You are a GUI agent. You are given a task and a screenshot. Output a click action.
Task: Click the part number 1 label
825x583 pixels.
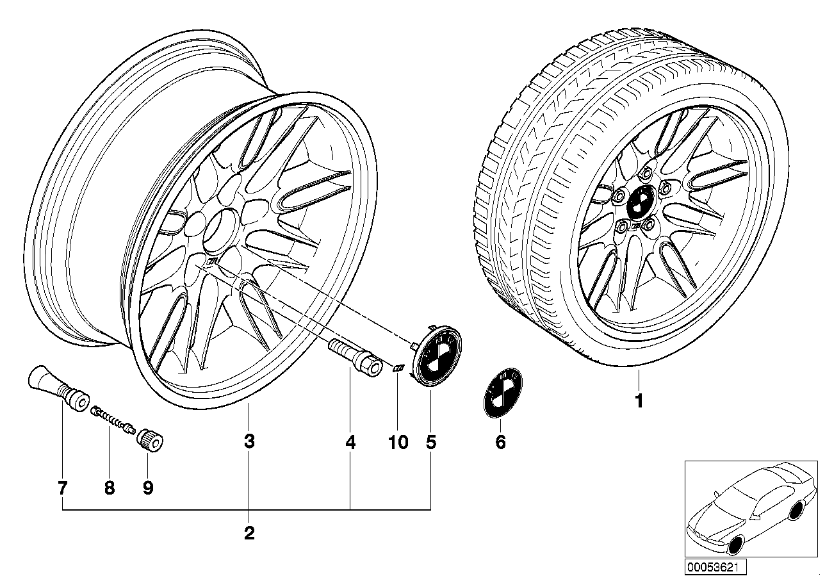click(638, 402)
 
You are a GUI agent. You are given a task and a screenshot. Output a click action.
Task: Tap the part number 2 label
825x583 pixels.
click(249, 532)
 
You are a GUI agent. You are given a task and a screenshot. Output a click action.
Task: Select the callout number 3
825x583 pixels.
click(249, 441)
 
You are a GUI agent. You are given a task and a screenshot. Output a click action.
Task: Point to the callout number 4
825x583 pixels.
click(350, 441)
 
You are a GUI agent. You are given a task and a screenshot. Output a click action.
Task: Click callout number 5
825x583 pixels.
click(431, 441)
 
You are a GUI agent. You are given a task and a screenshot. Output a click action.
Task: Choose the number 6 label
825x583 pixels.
click(501, 441)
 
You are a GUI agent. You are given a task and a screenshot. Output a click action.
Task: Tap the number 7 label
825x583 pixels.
click(62, 488)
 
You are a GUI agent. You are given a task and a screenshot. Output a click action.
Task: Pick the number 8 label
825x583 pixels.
click(110, 488)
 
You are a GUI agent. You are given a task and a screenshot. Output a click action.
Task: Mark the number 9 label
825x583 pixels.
click(148, 488)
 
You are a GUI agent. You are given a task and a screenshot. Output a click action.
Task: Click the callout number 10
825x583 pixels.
click(398, 441)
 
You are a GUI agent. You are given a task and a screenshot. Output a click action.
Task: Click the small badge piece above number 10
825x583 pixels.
click(398, 368)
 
